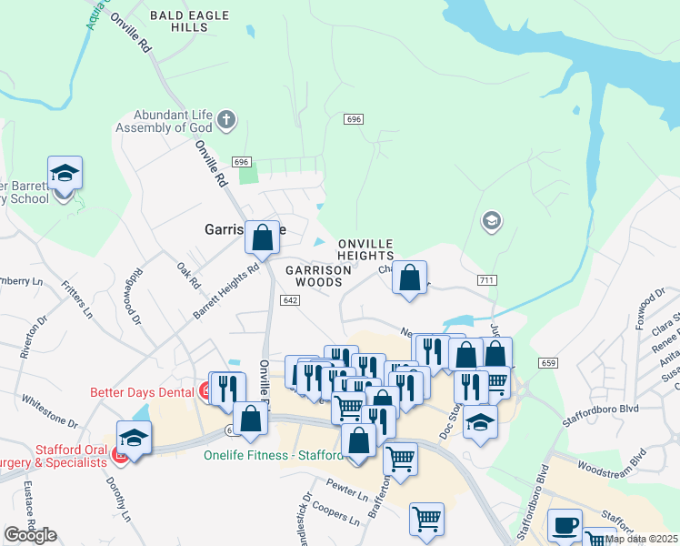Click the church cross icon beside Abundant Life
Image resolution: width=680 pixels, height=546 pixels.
tap(226, 118)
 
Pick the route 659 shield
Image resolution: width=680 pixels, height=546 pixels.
tap(548, 362)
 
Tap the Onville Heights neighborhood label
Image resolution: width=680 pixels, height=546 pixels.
tap(365, 250)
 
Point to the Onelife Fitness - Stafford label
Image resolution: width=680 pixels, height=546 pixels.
tap(274, 456)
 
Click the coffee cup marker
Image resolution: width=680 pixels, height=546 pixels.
tap(566, 526)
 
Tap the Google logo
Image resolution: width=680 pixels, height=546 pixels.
tap(30, 534)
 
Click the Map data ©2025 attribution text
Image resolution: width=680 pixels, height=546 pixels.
tap(641, 539)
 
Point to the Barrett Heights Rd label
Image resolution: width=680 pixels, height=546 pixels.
tap(225, 291)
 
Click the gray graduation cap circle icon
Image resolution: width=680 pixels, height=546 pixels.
tap(491, 221)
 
